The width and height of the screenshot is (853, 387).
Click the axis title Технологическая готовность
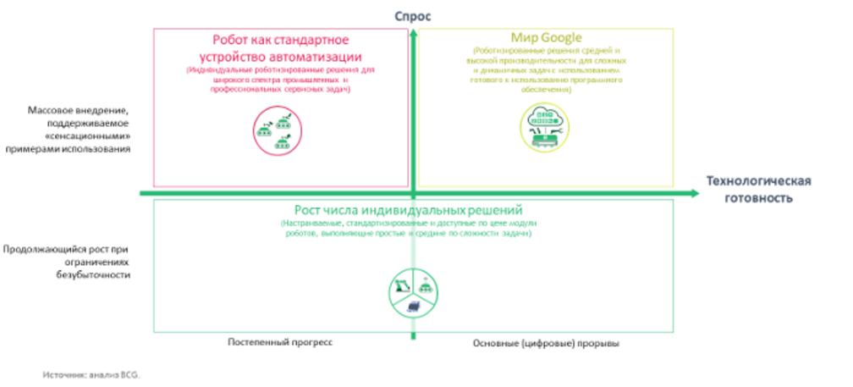[x=758, y=190]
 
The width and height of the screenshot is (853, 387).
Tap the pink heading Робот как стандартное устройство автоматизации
[x=280, y=47]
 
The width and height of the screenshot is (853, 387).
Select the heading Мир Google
[x=546, y=38]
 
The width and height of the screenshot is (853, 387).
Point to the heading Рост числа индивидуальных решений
[x=410, y=209]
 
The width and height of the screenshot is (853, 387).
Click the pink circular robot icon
[x=276, y=131]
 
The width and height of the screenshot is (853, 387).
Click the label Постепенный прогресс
[x=280, y=343]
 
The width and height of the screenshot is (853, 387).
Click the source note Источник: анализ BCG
[x=92, y=373]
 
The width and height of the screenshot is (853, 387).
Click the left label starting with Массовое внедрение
[x=79, y=130]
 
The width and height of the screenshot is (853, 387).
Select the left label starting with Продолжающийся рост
[x=67, y=263]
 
